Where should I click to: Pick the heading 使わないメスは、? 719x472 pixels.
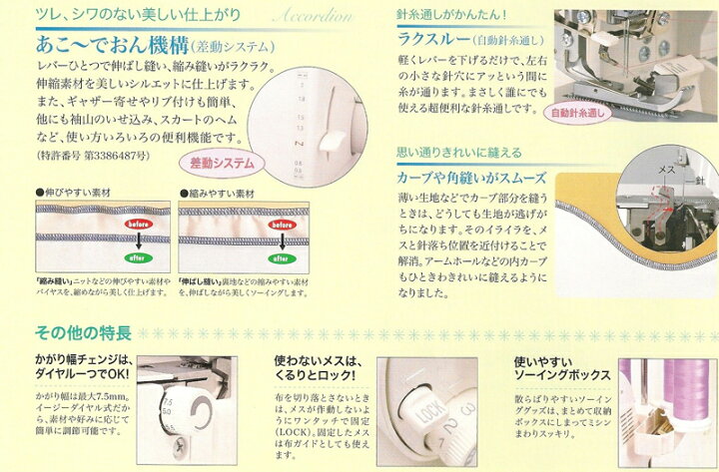316,360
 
